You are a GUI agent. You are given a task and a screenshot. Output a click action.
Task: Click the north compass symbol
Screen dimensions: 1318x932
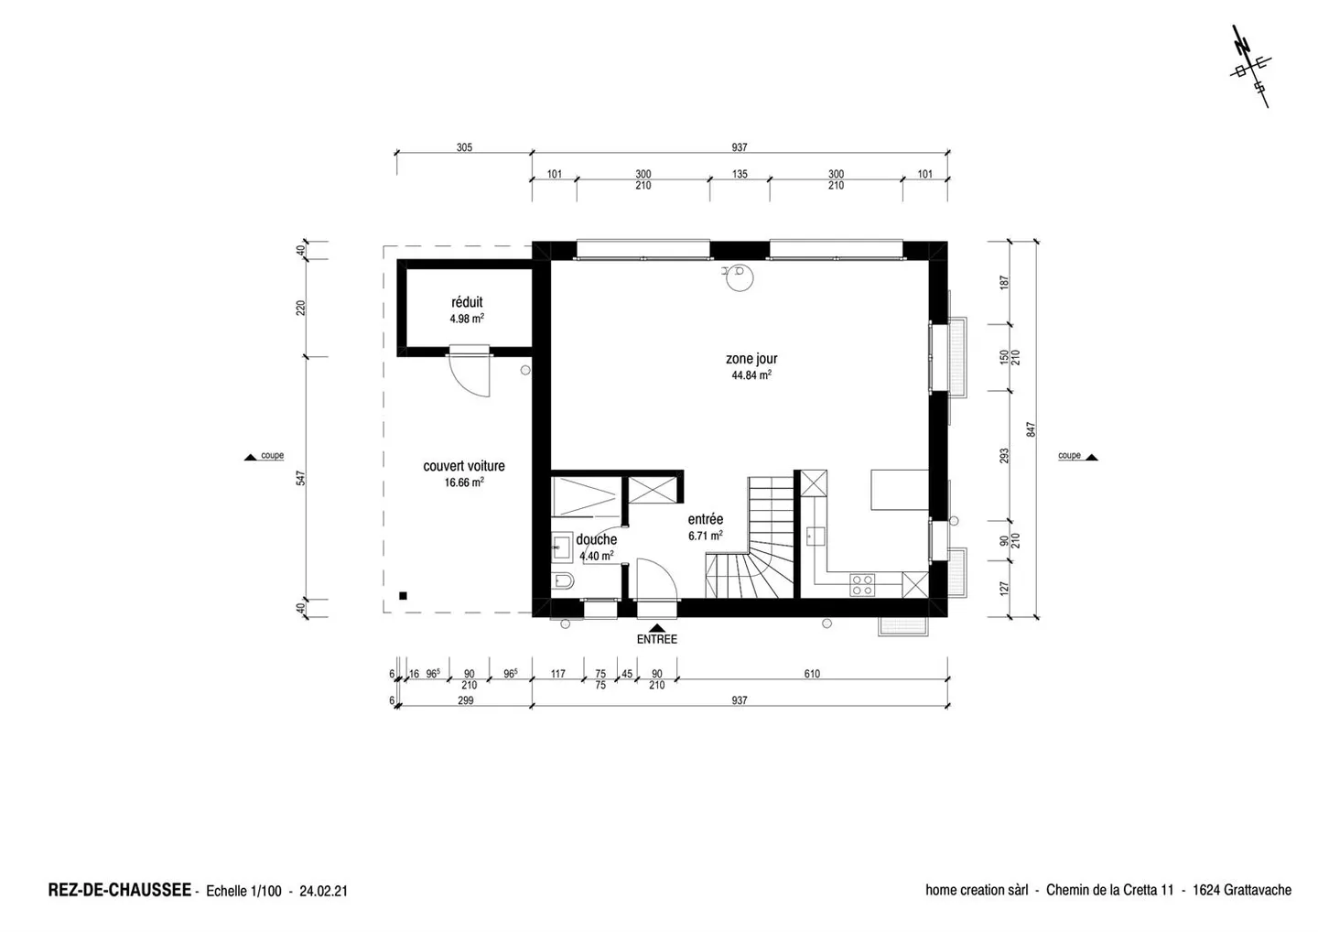pos(1250,66)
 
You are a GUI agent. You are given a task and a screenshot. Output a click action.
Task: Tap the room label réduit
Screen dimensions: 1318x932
pos(467,302)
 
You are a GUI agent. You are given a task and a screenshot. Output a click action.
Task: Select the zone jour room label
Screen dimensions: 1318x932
pos(751,359)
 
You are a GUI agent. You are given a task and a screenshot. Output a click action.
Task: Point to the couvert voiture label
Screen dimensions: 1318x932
pos(464,466)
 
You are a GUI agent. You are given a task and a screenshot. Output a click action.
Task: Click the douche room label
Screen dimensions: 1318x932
pos(597,539)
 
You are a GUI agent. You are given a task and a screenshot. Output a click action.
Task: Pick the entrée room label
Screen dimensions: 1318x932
pos(706,519)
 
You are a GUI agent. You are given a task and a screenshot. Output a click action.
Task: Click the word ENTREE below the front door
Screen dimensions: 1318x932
pos(656,640)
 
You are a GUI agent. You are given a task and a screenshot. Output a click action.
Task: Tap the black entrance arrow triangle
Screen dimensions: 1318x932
pos(656,628)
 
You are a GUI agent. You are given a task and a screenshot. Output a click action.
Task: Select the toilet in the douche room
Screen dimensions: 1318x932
pos(563,581)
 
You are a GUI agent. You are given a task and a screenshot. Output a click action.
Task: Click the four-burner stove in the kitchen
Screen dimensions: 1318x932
pos(862,585)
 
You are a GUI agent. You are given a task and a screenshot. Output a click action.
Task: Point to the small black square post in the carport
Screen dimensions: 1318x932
pos(403,596)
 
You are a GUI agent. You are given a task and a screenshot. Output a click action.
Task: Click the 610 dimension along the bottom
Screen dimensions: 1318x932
pos(812,674)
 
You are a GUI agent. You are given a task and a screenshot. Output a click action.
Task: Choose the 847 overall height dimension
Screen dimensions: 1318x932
pos(1031,429)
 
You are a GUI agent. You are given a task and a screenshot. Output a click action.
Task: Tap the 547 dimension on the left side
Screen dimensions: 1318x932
pos(300,478)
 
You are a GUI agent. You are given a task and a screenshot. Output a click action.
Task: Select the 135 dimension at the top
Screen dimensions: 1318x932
pos(740,174)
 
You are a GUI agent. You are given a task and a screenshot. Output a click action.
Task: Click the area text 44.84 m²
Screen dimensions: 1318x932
pos(751,374)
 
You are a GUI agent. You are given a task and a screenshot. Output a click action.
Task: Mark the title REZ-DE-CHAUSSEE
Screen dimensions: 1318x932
pos(119,890)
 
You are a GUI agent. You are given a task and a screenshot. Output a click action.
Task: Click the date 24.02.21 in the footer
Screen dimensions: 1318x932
pos(324,892)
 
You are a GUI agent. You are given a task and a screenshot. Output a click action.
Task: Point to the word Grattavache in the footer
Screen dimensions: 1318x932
pos(1258,890)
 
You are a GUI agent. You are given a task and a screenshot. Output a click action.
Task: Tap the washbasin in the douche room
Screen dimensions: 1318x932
pos(561,547)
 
